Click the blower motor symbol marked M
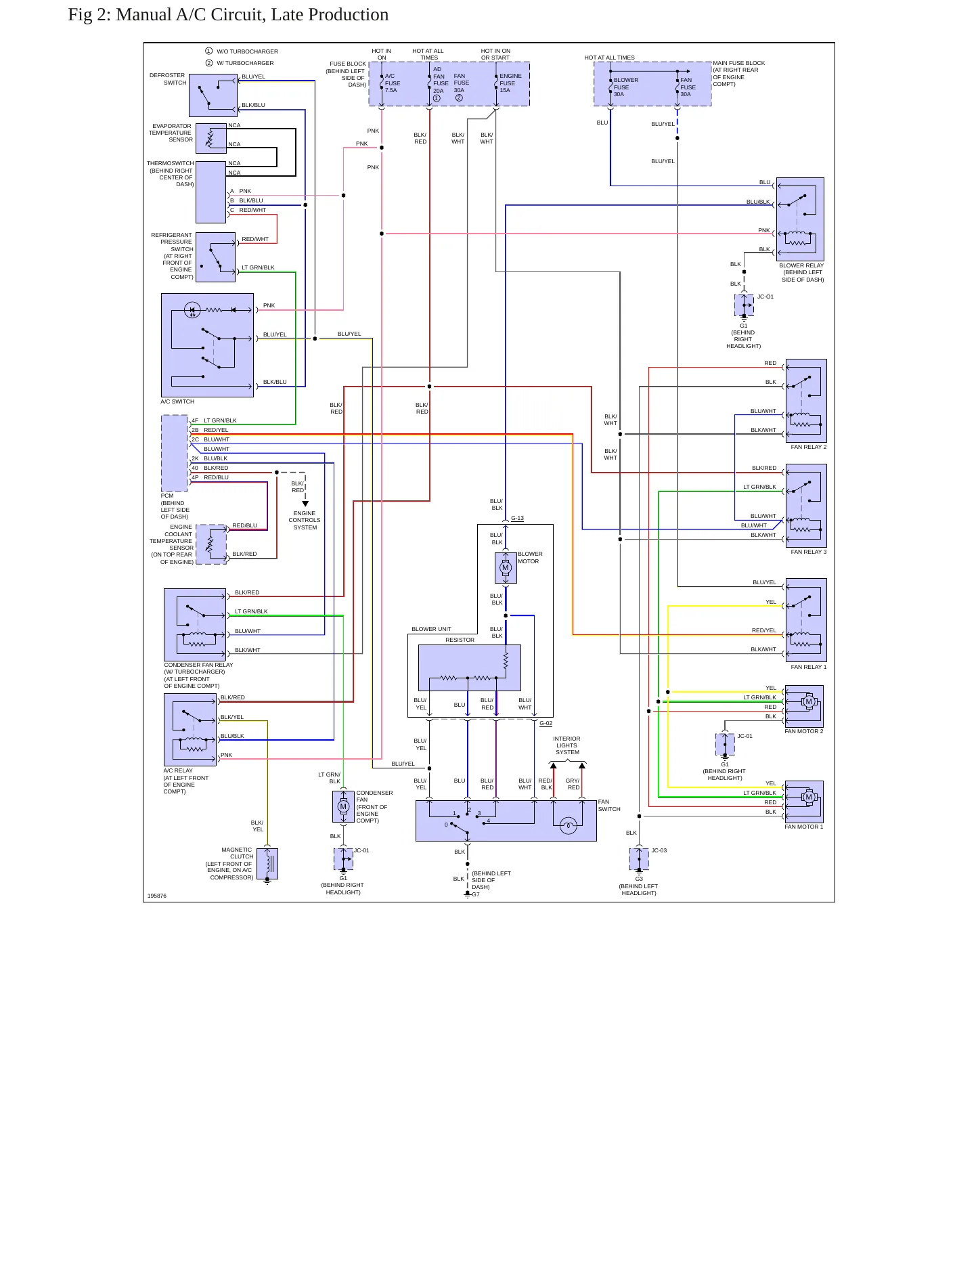click(506, 568)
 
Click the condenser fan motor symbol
click(343, 806)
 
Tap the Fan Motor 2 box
click(804, 706)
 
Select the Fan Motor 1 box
click(804, 802)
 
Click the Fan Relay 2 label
click(808, 447)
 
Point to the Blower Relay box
click(800, 219)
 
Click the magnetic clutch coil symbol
click(267, 864)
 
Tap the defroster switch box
click(213, 95)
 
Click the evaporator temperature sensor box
click(211, 138)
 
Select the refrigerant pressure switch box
click(215, 257)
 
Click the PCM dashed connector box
click(175, 453)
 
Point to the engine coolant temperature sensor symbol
click(211, 544)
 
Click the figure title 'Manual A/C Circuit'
click(252, 15)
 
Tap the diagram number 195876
click(156, 896)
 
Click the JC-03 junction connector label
click(659, 850)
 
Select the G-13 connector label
click(517, 518)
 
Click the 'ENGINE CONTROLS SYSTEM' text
click(305, 520)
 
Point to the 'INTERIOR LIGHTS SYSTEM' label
click(567, 745)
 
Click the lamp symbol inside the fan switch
click(569, 825)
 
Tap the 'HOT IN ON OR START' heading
click(495, 54)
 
